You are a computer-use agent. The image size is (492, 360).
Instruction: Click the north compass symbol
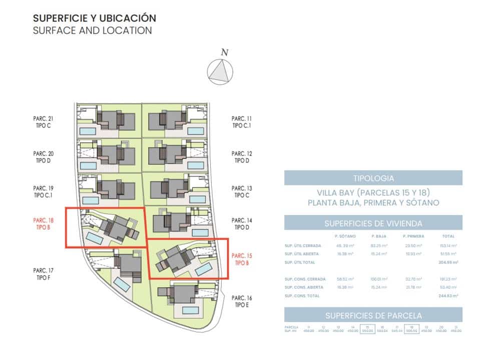(x=220, y=70)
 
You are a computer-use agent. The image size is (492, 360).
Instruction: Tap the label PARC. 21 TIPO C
(x=43, y=122)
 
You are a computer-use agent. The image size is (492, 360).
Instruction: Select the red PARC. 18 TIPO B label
(x=43, y=223)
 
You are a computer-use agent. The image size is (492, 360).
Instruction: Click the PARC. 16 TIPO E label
(x=242, y=301)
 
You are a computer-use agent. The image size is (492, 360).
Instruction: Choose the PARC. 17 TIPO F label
(x=43, y=273)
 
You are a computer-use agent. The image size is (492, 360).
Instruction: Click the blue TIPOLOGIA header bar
(x=373, y=178)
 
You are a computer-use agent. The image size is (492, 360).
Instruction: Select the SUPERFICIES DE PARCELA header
(x=373, y=315)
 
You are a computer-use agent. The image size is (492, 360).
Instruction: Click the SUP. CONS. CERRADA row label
(x=305, y=279)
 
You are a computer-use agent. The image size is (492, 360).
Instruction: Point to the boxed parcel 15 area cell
(x=367, y=329)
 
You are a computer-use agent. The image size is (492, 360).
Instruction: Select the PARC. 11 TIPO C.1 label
(x=242, y=122)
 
